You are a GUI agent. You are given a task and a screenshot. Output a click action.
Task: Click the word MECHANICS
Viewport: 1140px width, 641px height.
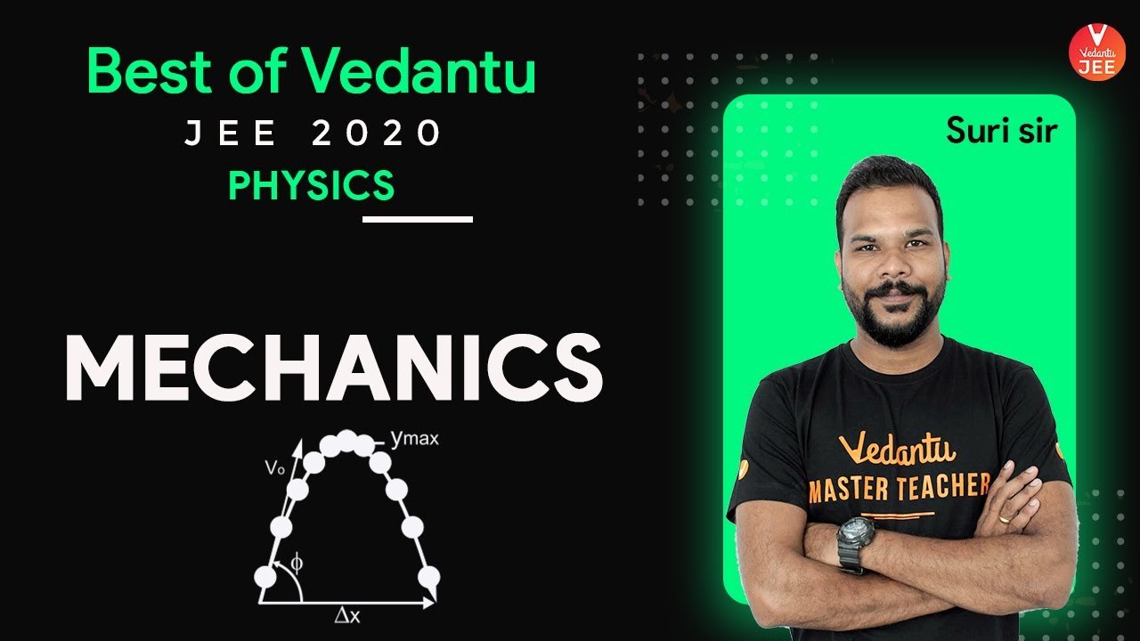334,368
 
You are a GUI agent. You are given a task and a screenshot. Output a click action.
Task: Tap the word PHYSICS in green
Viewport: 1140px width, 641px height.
311,185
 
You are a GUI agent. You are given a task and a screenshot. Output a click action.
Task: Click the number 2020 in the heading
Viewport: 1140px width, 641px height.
377,134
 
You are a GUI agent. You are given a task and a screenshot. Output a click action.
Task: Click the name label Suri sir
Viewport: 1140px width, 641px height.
1001,131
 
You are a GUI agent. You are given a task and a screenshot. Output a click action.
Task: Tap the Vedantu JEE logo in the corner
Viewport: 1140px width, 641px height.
1096,51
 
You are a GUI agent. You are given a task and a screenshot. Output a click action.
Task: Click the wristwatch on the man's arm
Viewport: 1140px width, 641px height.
856,539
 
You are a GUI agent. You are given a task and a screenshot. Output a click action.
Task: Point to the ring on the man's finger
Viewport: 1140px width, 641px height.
1005,517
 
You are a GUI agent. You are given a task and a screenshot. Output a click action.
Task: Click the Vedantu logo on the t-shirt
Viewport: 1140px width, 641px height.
897,447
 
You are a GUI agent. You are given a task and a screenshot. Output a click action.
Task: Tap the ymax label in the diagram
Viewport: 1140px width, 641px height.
415,438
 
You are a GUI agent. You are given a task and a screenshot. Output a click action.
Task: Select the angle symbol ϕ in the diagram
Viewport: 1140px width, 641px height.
297,563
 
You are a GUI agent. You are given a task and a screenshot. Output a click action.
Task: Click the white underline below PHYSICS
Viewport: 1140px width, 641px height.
418,218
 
